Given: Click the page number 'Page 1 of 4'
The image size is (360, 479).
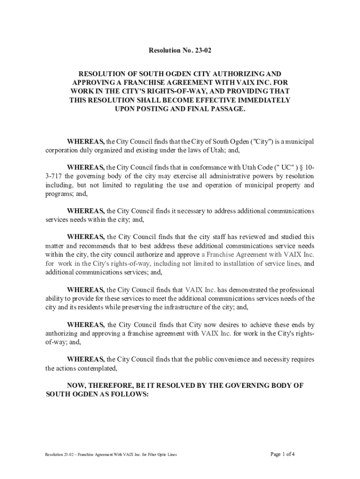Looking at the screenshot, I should coord(282,454).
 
